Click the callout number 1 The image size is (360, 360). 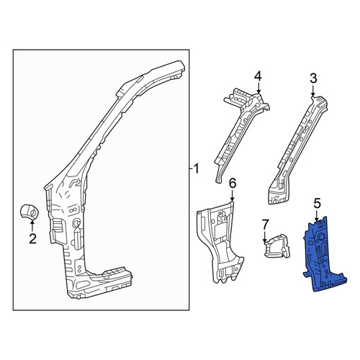(x=197, y=168)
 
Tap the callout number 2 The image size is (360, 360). (x=32, y=238)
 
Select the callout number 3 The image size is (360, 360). (x=313, y=78)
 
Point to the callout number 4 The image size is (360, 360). (x=258, y=76)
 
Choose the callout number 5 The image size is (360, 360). (x=317, y=204)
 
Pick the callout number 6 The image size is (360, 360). (x=233, y=183)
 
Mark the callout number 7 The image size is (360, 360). (x=265, y=225)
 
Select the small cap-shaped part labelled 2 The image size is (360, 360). (x=30, y=212)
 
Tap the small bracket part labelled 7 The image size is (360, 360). (x=277, y=246)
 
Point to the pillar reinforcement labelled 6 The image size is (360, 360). (x=220, y=243)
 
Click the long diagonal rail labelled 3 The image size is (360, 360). (x=297, y=150)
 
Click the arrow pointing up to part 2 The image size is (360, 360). (x=32, y=225)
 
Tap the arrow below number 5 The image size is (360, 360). (x=317, y=216)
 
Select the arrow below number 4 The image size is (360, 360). (x=258, y=88)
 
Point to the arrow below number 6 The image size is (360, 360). (x=232, y=195)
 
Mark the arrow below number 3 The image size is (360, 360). (x=313, y=91)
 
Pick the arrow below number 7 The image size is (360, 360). (x=265, y=237)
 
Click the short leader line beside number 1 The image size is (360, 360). (x=191, y=169)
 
